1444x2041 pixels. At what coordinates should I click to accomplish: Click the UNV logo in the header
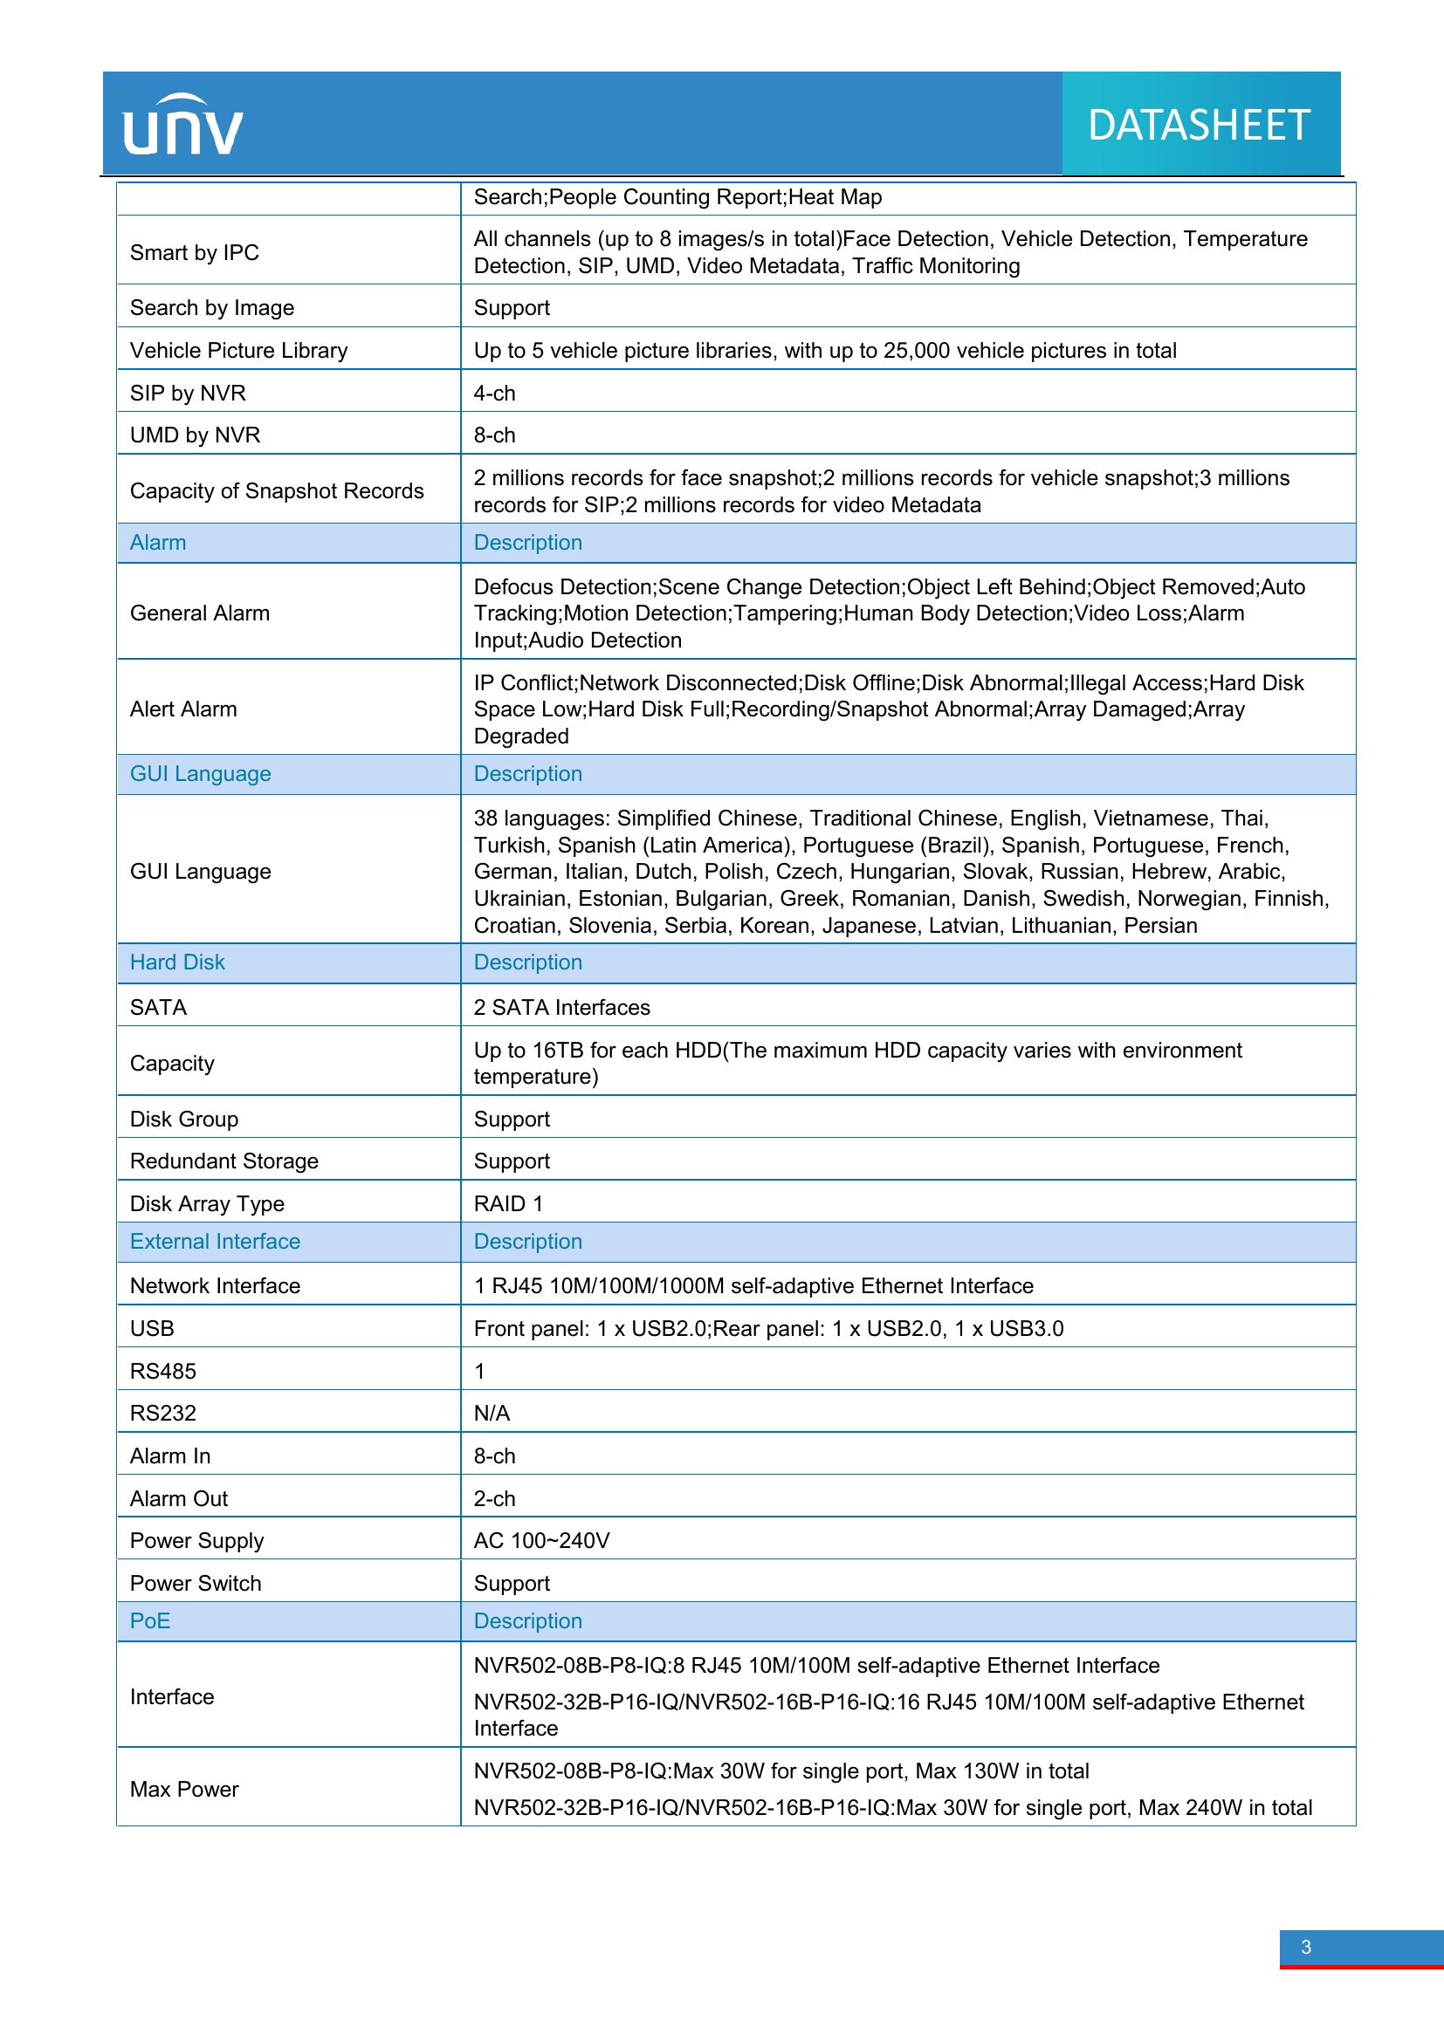point(182,126)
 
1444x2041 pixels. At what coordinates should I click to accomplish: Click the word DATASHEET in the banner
point(1199,126)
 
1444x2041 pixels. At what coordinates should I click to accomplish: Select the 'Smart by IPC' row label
point(195,253)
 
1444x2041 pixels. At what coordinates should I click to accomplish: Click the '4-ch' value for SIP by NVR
point(494,393)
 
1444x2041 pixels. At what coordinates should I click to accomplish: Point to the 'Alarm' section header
point(158,542)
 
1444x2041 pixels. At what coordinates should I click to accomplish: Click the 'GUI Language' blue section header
point(200,773)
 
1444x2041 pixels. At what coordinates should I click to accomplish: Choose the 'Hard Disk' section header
point(177,962)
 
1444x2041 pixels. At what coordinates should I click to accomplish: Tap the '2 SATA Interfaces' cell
point(562,1007)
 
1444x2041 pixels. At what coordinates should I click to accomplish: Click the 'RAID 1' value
point(508,1203)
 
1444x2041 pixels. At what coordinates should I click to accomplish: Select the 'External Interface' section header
point(215,1241)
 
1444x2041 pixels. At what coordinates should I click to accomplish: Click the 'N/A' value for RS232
point(492,1414)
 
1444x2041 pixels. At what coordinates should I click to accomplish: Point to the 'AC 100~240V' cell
point(541,1540)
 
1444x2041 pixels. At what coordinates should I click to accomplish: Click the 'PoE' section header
point(149,1620)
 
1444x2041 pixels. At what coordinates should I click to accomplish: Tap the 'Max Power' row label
point(184,1790)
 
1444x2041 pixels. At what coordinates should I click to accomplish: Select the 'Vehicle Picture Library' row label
point(238,350)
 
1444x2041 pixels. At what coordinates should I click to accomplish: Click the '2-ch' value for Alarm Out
point(494,1499)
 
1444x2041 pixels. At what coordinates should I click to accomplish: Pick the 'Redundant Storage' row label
point(224,1161)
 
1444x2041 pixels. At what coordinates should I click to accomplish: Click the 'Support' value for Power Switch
point(512,1583)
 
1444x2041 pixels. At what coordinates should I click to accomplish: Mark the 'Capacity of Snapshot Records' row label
point(277,490)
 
